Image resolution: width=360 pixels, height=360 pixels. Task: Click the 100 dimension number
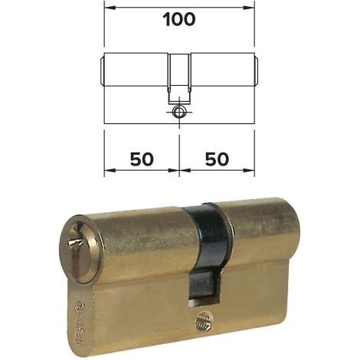tap(179, 20)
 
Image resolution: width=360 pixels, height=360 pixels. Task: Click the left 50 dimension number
tap(142, 159)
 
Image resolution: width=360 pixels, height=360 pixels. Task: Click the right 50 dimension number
tap(218, 159)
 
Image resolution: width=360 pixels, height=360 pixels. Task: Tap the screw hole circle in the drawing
tap(179, 112)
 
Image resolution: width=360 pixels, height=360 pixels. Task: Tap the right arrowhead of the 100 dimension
tap(248, 8)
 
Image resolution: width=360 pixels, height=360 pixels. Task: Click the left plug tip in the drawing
tap(102, 69)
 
